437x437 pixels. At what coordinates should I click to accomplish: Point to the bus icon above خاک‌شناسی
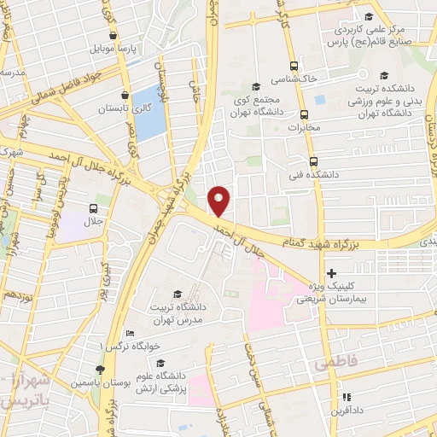[294, 66]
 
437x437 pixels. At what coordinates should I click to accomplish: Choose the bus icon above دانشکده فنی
[313, 160]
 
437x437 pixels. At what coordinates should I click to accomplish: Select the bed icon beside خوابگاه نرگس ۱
[130, 333]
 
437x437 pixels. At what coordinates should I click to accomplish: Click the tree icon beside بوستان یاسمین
[100, 369]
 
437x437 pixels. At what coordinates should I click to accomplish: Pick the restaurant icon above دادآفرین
[347, 397]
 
